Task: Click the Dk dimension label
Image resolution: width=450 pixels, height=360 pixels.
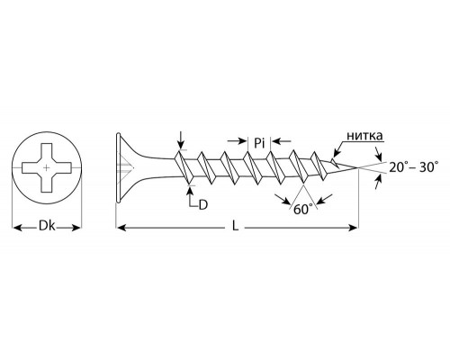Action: point(47,226)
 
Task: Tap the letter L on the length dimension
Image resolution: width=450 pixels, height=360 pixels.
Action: point(236,227)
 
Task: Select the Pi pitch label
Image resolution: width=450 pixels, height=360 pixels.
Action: point(259,143)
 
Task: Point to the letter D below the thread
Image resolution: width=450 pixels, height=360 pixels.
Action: point(203,205)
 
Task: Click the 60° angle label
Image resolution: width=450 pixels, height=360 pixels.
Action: point(303,209)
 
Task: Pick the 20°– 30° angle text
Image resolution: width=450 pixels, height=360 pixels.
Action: point(414,166)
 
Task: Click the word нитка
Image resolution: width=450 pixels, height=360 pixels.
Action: point(364,136)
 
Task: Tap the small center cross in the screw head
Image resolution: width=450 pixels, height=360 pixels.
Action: point(46,168)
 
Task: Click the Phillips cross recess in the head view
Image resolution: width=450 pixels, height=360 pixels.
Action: point(47,168)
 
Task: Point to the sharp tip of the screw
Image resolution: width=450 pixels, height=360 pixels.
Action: point(358,167)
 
